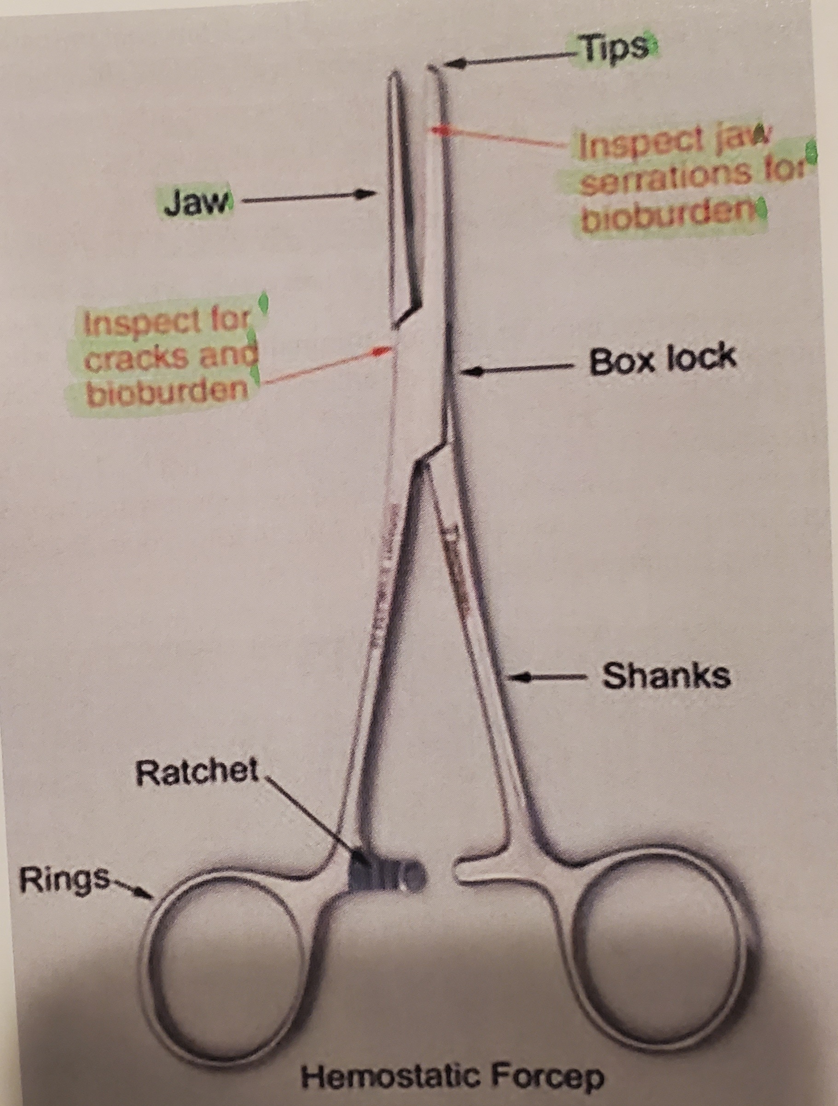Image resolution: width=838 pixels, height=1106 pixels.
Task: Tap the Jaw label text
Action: [x=196, y=202]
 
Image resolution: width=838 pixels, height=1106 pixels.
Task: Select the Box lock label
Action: [x=663, y=359]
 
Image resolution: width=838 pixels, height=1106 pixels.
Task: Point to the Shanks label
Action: [x=666, y=676]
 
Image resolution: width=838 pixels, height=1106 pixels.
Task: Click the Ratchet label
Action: [x=197, y=785]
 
